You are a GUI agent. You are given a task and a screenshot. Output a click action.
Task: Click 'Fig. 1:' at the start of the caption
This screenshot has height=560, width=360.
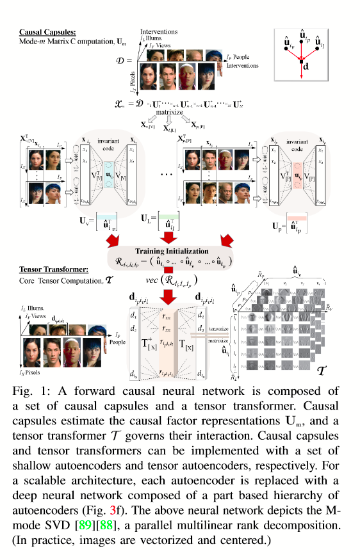(29, 390)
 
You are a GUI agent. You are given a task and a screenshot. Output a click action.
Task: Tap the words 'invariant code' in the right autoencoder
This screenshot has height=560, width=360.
(300, 143)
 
